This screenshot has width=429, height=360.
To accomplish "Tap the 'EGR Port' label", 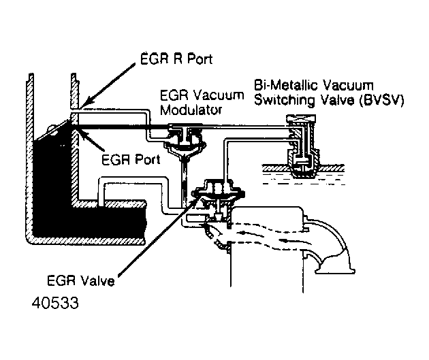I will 130,161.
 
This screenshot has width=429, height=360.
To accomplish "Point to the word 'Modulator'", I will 185,110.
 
